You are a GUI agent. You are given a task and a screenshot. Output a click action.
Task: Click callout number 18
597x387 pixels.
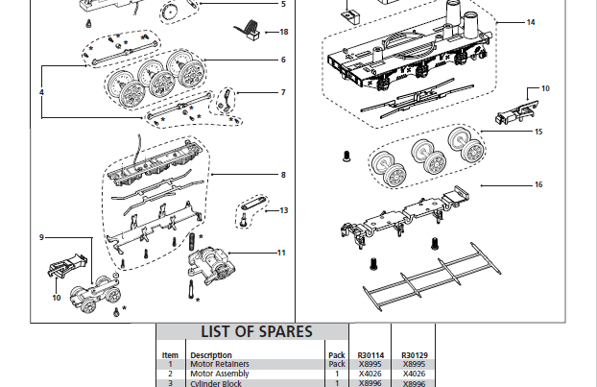click(x=283, y=32)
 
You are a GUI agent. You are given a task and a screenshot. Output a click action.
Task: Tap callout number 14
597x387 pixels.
click(x=531, y=21)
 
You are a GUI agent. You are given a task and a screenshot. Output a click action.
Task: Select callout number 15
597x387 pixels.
click(x=538, y=131)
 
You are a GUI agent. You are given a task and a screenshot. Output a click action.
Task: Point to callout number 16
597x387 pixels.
click(x=538, y=183)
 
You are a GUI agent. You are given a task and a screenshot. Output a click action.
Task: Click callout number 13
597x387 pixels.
click(x=283, y=209)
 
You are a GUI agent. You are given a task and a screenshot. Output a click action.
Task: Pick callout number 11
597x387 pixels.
click(x=281, y=253)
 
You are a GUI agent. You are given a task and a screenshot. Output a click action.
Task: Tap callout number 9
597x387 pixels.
click(x=41, y=236)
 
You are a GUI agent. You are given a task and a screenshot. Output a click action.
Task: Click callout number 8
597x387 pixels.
click(x=283, y=175)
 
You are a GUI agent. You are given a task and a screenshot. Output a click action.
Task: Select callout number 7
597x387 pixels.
click(x=283, y=92)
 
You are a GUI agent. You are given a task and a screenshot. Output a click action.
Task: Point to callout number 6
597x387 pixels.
click(x=283, y=60)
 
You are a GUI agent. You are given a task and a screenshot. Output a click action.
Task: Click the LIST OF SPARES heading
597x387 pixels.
click(x=255, y=331)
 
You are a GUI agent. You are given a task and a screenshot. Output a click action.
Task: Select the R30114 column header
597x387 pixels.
click(x=370, y=355)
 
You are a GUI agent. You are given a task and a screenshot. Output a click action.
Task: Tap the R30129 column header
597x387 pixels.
click(x=415, y=355)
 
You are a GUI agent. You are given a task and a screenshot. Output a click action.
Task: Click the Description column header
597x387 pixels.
click(x=211, y=355)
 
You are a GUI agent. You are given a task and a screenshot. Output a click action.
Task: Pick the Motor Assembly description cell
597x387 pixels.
click(x=220, y=374)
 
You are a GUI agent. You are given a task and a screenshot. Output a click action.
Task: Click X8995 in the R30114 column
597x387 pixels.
click(x=370, y=365)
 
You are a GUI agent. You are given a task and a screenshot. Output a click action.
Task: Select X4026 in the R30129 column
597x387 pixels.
click(x=415, y=374)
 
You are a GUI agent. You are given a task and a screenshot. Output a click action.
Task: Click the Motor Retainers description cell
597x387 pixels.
click(x=221, y=365)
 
